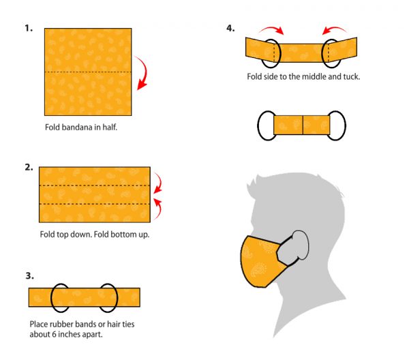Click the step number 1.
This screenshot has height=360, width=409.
pyautogui.click(x=29, y=28)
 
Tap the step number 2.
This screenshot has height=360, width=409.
pyautogui.click(x=29, y=167)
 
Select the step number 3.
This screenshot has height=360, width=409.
pyautogui.click(x=29, y=275)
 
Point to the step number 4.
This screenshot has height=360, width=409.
pyautogui.click(x=230, y=28)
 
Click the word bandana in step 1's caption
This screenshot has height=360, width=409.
pyautogui.click(x=77, y=127)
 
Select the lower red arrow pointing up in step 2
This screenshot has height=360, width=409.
pyautogui.click(x=159, y=209)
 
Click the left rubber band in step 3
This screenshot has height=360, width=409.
pyautogui.click(x=51, y=298)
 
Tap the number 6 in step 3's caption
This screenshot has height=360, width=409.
pyautogui.click(x=54, y=334)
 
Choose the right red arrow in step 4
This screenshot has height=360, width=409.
pyautogui.click(x=334, y=28)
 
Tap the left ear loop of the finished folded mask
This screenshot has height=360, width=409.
pyautogui.click(x=258, y=125)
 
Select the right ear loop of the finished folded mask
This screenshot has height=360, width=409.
pyautogui.click(x=345, y=125)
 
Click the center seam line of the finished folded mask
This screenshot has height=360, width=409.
pyautogui.click(x=303, y=125)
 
